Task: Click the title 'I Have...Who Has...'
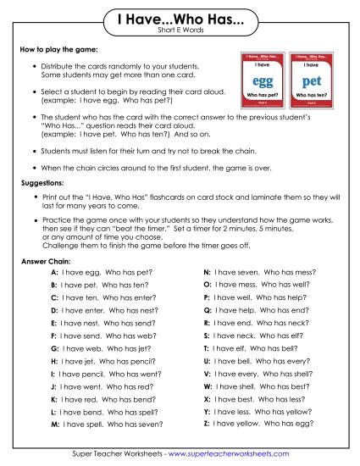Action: pyautogui.click(x=180, y=19)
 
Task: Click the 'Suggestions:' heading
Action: pyautogui.click(x=45, y=182)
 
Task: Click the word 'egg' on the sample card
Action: pyautogui.click(x=258, y=84)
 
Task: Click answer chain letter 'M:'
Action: pyautogui.click(x=55, y=423)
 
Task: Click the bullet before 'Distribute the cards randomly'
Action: pyautogui.click(x=34, y=65)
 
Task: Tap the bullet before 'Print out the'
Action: pyautogui.click(x=34, y=196)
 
